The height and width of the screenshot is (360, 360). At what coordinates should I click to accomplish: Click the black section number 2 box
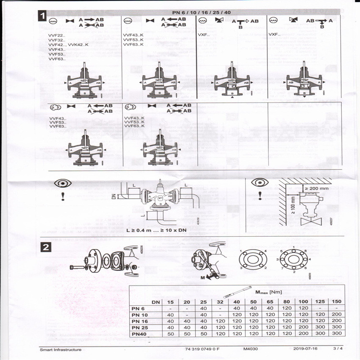click(44, 248)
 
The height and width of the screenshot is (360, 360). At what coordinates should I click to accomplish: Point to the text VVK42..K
click(79, 44)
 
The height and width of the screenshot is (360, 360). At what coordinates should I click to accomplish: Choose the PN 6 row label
click(139, 308)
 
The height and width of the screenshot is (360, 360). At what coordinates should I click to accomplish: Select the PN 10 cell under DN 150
click(336, 314)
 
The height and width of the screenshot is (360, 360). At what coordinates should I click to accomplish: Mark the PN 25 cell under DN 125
click(320, 326)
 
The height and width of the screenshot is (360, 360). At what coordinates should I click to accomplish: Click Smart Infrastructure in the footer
click(60, 349)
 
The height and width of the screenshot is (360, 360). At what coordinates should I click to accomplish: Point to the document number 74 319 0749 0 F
click(202, 349)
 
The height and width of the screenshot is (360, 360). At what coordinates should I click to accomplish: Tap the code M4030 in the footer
click(251, 349)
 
